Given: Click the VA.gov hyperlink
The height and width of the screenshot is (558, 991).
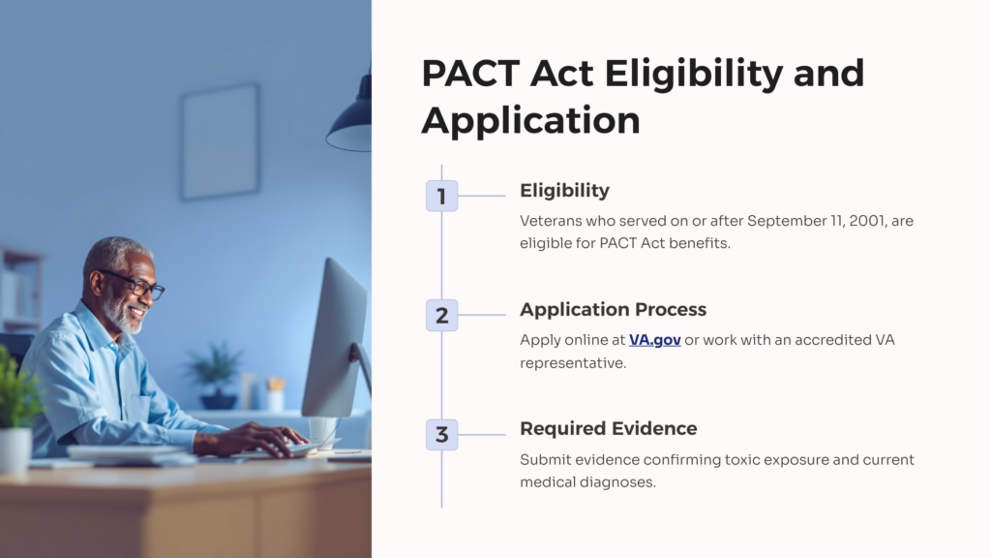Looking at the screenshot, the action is (655, 340).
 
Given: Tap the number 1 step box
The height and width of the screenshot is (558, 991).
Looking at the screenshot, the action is (441, 196).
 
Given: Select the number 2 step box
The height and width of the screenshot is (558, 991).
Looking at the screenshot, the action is (441, 315).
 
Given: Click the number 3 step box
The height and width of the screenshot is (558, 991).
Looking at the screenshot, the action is (441, 435).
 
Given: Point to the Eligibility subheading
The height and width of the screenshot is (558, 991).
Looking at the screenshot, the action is (564, 191).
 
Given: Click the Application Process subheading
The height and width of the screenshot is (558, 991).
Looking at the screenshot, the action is (613, 309).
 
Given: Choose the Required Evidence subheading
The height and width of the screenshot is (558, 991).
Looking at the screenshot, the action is (608, 428).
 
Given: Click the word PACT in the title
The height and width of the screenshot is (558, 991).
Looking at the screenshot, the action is (470, 74).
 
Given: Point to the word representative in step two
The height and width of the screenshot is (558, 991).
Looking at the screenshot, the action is (573, 364).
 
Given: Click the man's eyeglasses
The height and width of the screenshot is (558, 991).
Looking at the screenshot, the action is (135, 284).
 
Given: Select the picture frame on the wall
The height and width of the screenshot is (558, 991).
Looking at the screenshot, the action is (220, 141).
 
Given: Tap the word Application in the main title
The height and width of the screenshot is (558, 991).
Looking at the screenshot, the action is (531, 121).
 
